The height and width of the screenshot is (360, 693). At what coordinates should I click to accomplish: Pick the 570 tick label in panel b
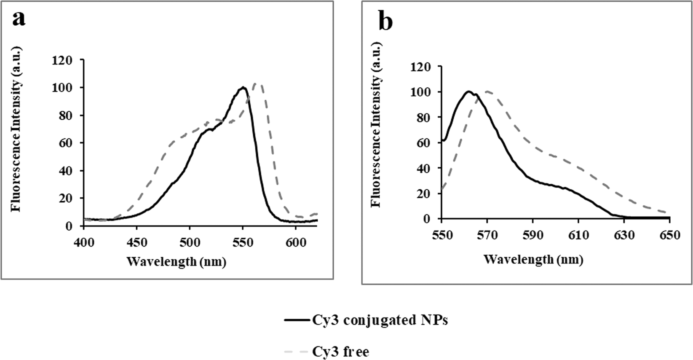pyautogui.click(x=487, y=235)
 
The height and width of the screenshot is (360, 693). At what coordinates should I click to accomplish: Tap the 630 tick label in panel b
pyautogui.click(x=624, y=235)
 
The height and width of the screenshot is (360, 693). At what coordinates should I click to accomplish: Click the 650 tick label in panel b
pyautogui.click(x=669, y=235)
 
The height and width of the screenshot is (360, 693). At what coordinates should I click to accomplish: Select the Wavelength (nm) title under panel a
pyautogui.click(x=177, y=262)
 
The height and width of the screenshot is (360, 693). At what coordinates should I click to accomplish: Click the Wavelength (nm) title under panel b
pyautogui.click(x=533, y=259)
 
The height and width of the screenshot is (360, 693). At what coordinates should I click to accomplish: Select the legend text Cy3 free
pyautogui.click(x=340, y=351)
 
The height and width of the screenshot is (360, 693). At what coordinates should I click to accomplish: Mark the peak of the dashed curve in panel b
pyautogui.click(x=487, y=91)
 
